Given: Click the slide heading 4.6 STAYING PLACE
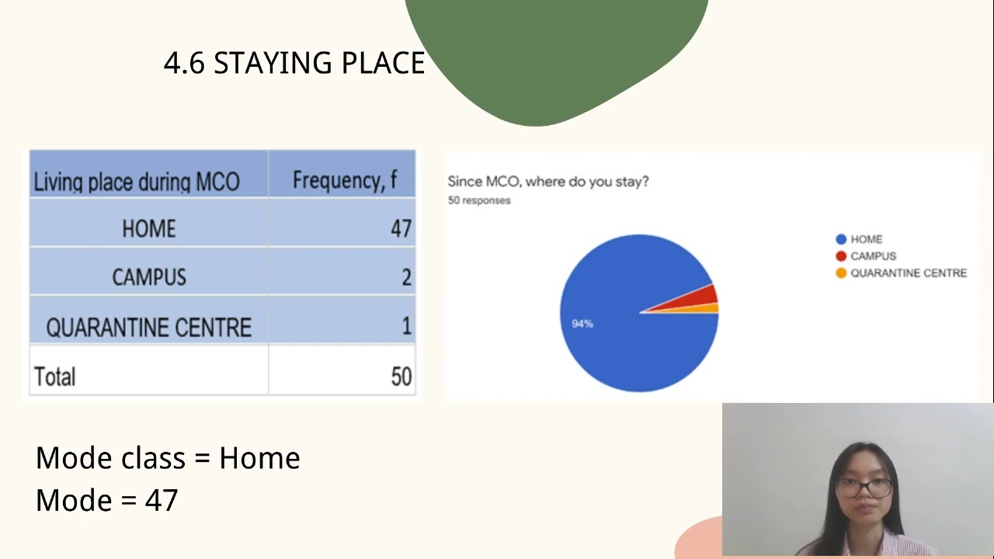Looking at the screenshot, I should click(294, 63).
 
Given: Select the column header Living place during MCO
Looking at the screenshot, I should click(136, 182).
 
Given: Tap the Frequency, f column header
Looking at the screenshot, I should click(344, 180).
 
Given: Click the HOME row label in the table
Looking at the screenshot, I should click(149, 228).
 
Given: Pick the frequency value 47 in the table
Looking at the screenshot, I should click(401, 228).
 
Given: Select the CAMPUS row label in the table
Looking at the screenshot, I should click(149, 277).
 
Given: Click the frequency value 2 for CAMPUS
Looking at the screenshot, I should click(406, 277).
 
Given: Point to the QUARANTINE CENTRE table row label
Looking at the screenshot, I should click(149, 328).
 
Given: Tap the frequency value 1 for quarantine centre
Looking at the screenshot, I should click(406, 326).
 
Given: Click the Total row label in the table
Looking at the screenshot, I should click(55, 377).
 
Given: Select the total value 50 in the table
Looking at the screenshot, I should click(401, 377).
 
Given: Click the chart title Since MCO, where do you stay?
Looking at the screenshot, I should click(547, 182).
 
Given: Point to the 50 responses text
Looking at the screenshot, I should click(479, 200).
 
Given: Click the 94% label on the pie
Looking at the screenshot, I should click(582, 324).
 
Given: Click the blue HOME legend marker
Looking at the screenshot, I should click(841, 239).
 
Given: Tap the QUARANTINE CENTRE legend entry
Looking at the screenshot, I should click(908, 273).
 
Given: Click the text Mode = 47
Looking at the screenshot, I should click(107, 500).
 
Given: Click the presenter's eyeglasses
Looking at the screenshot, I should click(864, 488).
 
